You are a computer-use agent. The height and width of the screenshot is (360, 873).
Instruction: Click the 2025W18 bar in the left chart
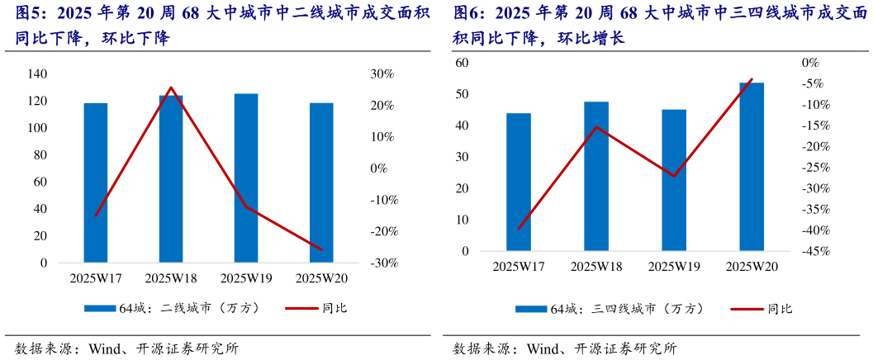pyautogui.click(x=171, y=179)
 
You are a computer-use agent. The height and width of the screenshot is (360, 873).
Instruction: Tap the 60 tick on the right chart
pyautogui.click(x=462, y=63)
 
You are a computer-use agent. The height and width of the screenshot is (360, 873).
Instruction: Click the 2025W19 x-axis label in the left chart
pyautogui.click(x=247, y=279)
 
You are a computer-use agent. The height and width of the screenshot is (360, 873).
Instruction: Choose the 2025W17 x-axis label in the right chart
pyautogui.click(x=519, y=267)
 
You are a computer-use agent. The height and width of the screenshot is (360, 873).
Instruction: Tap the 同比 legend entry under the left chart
pyautogui.click(x=333, y=308)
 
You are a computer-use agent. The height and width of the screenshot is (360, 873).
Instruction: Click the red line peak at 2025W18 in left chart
pyautogui.click(x=171, y=88)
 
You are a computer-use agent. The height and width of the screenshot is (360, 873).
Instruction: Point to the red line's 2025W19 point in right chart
pyautogui.click(x=674, y=176)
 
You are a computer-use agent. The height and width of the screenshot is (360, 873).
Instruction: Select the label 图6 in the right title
pyautogui.click(x=467, y=13)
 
